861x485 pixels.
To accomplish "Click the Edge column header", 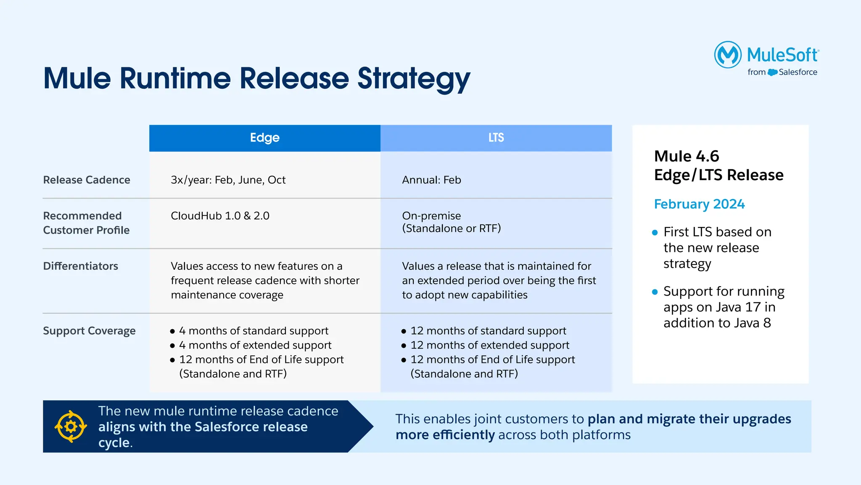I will pos(264,138).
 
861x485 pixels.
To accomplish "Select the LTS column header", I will pos(496,138).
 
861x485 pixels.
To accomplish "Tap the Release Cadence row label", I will pos(87,180).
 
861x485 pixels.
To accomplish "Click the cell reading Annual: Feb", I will pos(431,180).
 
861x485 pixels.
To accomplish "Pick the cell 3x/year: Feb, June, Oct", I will pos(228,180).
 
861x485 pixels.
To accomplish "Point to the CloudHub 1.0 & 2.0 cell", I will pos(220,216).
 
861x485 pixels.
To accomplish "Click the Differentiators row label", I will pos(80,266).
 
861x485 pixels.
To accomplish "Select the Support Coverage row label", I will pos(89,331).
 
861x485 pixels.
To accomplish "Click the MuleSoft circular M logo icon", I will pos(728,55).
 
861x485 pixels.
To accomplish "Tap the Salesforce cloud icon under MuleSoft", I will pos(772,72).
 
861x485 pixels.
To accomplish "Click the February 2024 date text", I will pos(699,204).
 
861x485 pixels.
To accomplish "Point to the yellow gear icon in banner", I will pos(71,426).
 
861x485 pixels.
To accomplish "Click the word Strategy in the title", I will pos(414,79).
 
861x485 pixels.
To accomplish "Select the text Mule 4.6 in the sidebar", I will pos(687,156).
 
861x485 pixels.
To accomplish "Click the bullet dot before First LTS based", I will pos(655,232).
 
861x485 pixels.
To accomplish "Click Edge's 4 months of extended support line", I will pos(255,345).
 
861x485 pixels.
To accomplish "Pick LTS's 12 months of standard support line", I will pos(488,331).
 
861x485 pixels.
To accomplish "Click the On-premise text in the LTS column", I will pos(431,216).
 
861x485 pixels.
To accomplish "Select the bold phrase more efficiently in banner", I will pos(445,435).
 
